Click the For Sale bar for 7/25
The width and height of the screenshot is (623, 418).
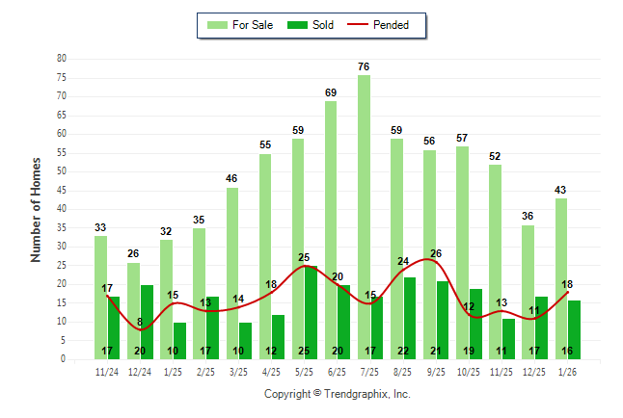point(364,217)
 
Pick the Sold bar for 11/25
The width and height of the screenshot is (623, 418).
point(508,338)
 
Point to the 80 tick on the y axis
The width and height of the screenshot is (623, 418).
point(62,59)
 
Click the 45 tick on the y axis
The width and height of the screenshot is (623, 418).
point(62,190)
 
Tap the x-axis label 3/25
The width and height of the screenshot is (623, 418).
point(238,372)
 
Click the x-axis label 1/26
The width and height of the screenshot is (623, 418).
point(567,372)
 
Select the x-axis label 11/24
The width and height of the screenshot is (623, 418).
point(107,372)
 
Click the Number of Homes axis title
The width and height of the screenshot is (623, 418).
point(37,209)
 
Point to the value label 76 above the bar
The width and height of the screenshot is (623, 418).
point(364,66)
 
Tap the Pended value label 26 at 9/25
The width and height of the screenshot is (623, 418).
point(436,253)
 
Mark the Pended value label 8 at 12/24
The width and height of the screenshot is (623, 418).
point(140,323)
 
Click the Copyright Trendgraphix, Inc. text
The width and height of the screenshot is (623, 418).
point(337,394)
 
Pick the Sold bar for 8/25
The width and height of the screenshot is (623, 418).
point(409,318)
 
